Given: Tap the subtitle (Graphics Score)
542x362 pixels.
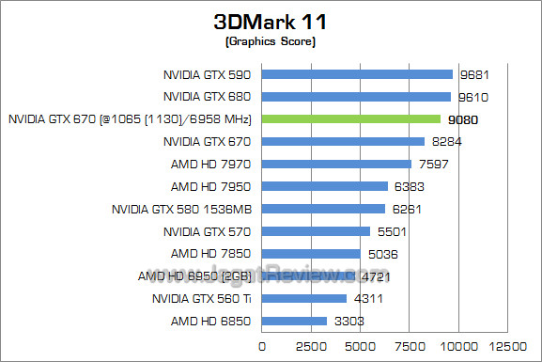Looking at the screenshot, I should point(271,43).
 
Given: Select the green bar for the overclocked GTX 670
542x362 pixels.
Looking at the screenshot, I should point(350,118).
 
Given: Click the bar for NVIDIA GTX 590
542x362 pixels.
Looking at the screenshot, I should point(357,73).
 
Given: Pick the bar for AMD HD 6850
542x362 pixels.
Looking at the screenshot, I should point(294,322).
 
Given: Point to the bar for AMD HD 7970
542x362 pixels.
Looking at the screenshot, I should point(336,164).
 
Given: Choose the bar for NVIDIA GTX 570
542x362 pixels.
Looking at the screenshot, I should point(316,231).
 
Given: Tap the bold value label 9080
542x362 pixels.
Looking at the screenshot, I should point(463,119).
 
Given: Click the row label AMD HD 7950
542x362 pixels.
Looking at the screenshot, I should point(212,186).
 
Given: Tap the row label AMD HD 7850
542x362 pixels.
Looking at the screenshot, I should point(212,254).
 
